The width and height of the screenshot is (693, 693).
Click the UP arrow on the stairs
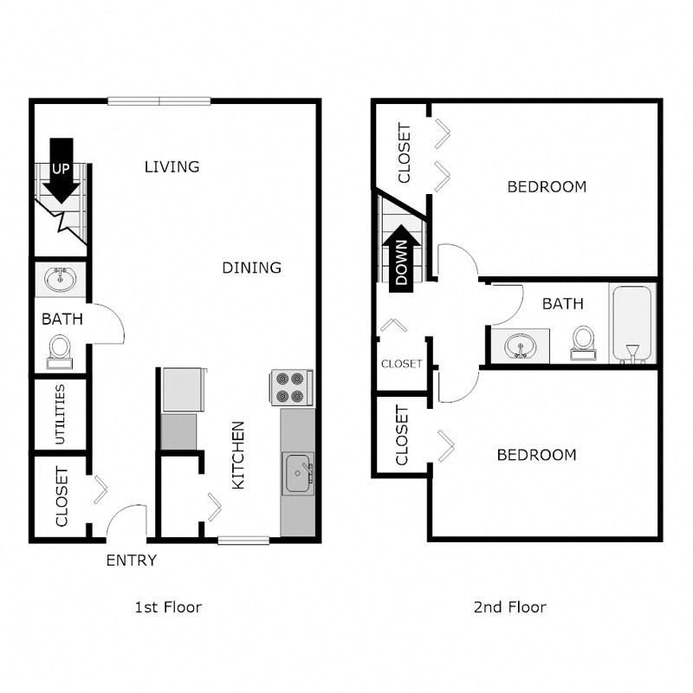tap(61, 171)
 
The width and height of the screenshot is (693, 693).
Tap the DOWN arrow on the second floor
tap(401, 258)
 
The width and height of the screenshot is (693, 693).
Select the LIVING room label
tap(172, 166)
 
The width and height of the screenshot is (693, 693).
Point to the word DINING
tap(251, 268)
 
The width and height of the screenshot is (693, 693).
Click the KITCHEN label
tap(238, 456)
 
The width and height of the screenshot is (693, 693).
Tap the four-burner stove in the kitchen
tap(291, 387)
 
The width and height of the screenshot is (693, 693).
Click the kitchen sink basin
tap(298, 473)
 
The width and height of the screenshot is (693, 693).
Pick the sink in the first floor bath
tap(61, 278)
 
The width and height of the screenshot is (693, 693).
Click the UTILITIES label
tap(60, 414)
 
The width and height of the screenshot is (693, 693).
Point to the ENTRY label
tap(132, 560)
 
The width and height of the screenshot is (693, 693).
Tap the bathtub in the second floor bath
tap(632, 323)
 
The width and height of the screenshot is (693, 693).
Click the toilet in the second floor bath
tap(583, 343)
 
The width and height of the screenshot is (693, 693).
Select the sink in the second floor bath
tap(521, 345)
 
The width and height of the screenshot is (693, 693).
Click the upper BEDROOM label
tap(547, 187)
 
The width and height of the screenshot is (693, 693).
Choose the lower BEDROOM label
tap(536, 455)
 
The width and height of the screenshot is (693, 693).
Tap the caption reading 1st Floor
tap(168, 607)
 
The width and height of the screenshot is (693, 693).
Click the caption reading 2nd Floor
tap(510, 607)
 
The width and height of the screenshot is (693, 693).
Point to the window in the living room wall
tap(159, 101)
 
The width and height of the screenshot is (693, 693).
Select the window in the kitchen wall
tap(243, 540)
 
